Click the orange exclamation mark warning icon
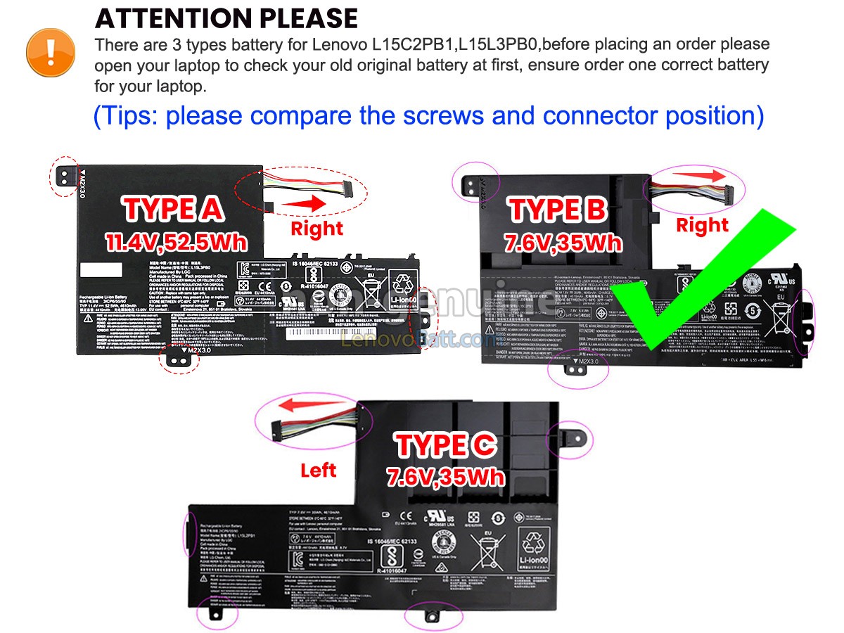[x=50, y=52]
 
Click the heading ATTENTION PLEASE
[x=226, y=18]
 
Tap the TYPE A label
[x=174, y=210]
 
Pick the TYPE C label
[x=446, y=445]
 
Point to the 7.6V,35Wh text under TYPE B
[x=563, y=243]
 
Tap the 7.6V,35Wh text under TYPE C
[x=446, y=477]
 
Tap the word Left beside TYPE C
[x=318, y=470]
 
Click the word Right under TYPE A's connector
[x=316, y=229]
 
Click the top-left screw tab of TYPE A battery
[x=63, y=175]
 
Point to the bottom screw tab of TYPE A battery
[x=177, y=358]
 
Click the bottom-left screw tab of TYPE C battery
[x=214, y=610]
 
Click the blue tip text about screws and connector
[x=428, y=115]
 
